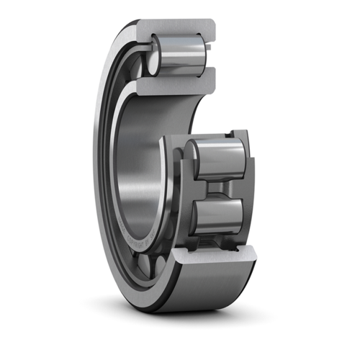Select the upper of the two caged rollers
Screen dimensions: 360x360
coord(216,159)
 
